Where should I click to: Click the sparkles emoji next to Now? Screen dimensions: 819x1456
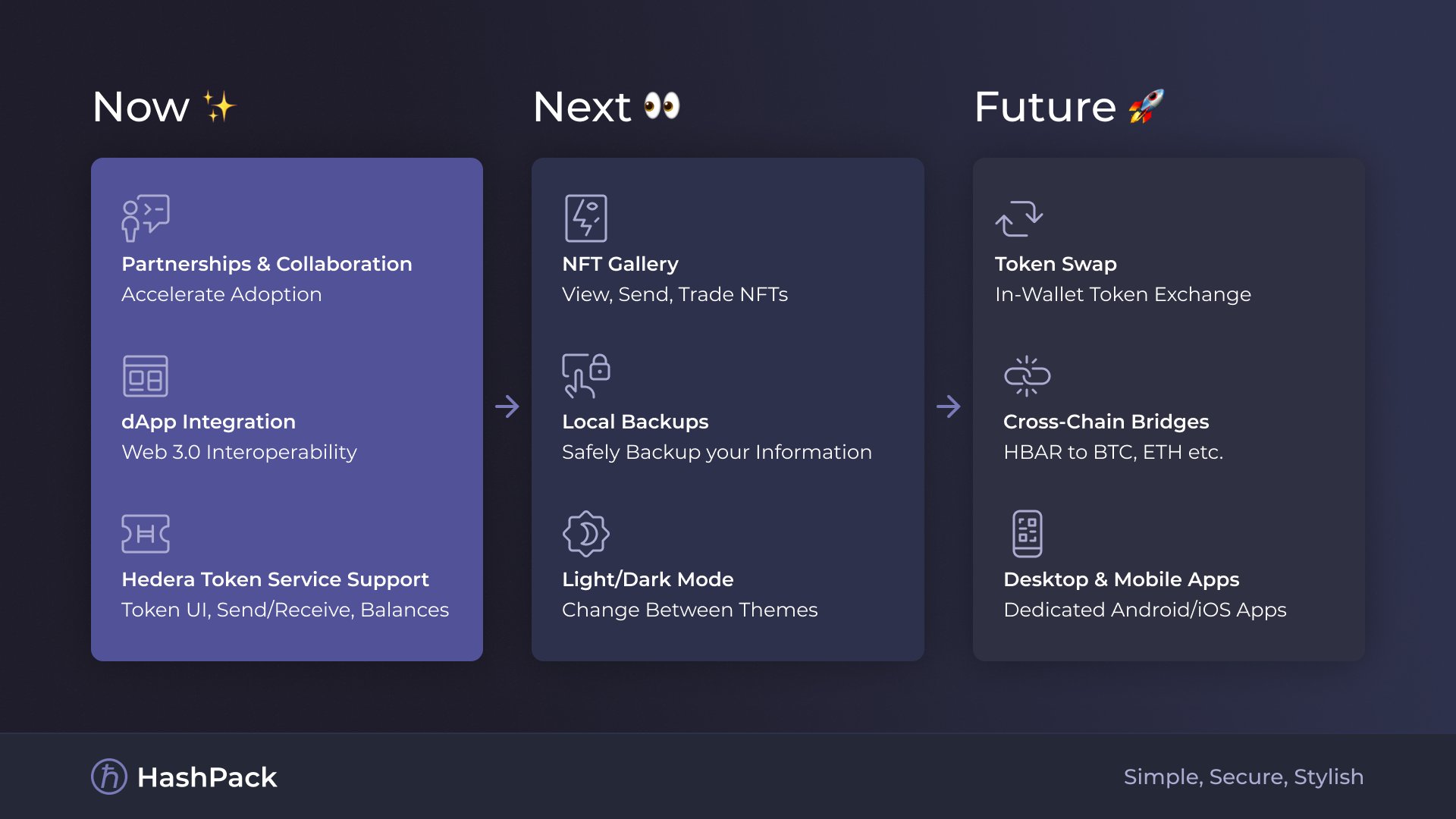coord(220,106)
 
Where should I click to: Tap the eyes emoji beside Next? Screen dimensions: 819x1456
coord(662,105)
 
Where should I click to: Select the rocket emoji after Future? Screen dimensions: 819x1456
coord(1146,106)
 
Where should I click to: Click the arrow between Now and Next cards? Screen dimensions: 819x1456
coord(507,406)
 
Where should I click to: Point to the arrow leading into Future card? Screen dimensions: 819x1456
coord(948,406)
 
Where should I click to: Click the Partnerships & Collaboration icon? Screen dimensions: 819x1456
coord(146,218)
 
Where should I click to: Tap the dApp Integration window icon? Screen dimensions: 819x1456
coord(146,376)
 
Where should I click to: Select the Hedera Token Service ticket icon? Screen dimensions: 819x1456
coord(146,534)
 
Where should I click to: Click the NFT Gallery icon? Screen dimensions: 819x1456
coord(585,218)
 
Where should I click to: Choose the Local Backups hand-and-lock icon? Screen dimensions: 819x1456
coord(585,376)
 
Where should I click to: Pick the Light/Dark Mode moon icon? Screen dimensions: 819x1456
coord(585,534)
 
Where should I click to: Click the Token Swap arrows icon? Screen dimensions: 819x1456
coord(1018,218)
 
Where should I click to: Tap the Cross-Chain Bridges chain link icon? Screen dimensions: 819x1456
coord(1027,376)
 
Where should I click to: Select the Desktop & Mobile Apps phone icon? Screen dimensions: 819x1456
coord(1027,534)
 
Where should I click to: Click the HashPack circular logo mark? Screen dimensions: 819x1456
coord(109,777)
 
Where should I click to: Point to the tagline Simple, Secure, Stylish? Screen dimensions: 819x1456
coord(1243,777)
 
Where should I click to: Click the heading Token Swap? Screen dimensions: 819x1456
coord(1056,264)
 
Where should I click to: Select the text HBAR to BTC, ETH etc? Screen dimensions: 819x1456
coord(1112,452)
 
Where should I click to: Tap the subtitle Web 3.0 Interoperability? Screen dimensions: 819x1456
coord(239,452)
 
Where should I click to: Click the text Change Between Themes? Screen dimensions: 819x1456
coord(689,610)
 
